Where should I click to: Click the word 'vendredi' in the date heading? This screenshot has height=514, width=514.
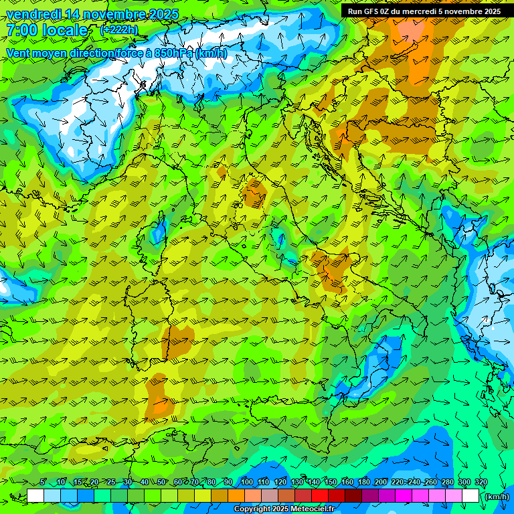[33, 14]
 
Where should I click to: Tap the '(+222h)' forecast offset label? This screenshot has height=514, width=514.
[120, 30]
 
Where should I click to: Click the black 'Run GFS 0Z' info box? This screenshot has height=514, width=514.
[424, 11]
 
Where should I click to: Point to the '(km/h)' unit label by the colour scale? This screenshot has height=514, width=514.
[497, 497]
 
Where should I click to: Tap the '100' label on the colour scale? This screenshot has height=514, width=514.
[246, 483]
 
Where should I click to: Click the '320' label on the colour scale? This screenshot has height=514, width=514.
[481, 483]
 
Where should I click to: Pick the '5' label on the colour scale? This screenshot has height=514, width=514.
[43, 483]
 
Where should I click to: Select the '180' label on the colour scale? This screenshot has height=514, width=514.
[363, 483]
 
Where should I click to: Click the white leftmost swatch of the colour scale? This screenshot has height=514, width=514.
[35, 496]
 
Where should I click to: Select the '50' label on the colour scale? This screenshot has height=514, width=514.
[161, 483]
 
